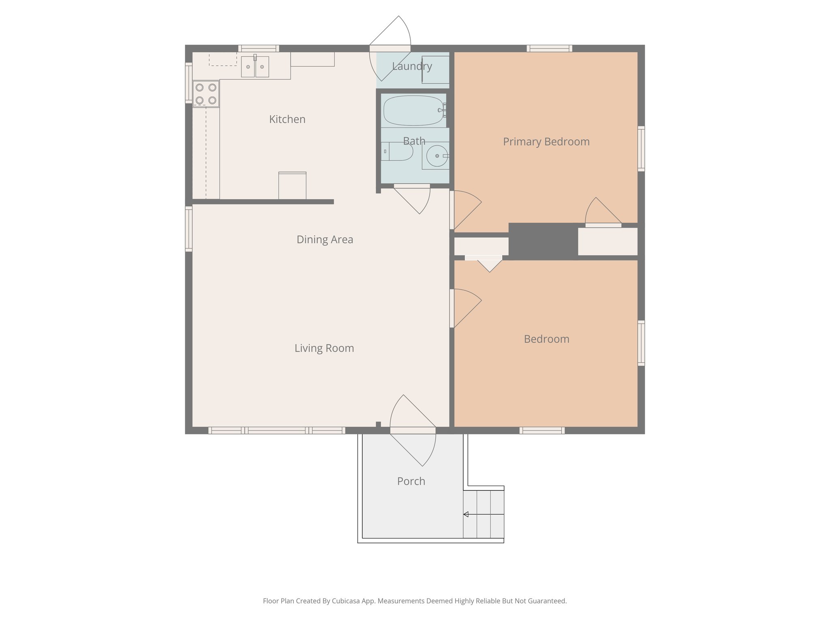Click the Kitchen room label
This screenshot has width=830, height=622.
(x=287, y=119)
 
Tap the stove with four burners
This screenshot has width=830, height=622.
(x=206, y=94)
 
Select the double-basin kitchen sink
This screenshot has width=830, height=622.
(x=255, y=66)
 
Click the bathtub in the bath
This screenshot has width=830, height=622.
(x=413, y=110)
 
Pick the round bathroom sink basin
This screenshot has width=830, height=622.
(x=437, y=156)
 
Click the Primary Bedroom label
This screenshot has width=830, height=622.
(x=546, y=142)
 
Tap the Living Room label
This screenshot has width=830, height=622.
(x=324, y=348)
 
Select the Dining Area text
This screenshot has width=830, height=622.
(x=325, y=240)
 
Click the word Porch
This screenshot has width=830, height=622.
(x=411, y=481)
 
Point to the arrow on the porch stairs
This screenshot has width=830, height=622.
(x=466, y=514)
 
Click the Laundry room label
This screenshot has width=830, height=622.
(x=412, y=66)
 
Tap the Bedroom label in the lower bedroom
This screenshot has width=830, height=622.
(x=546, y=339)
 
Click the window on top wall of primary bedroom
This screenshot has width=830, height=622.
(x=550, y=49)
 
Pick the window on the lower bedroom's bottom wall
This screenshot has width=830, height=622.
(x=542, y=430)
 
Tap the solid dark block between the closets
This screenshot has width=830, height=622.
(x=543, y=241)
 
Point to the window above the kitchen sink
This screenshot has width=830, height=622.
(x=259, y=49)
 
